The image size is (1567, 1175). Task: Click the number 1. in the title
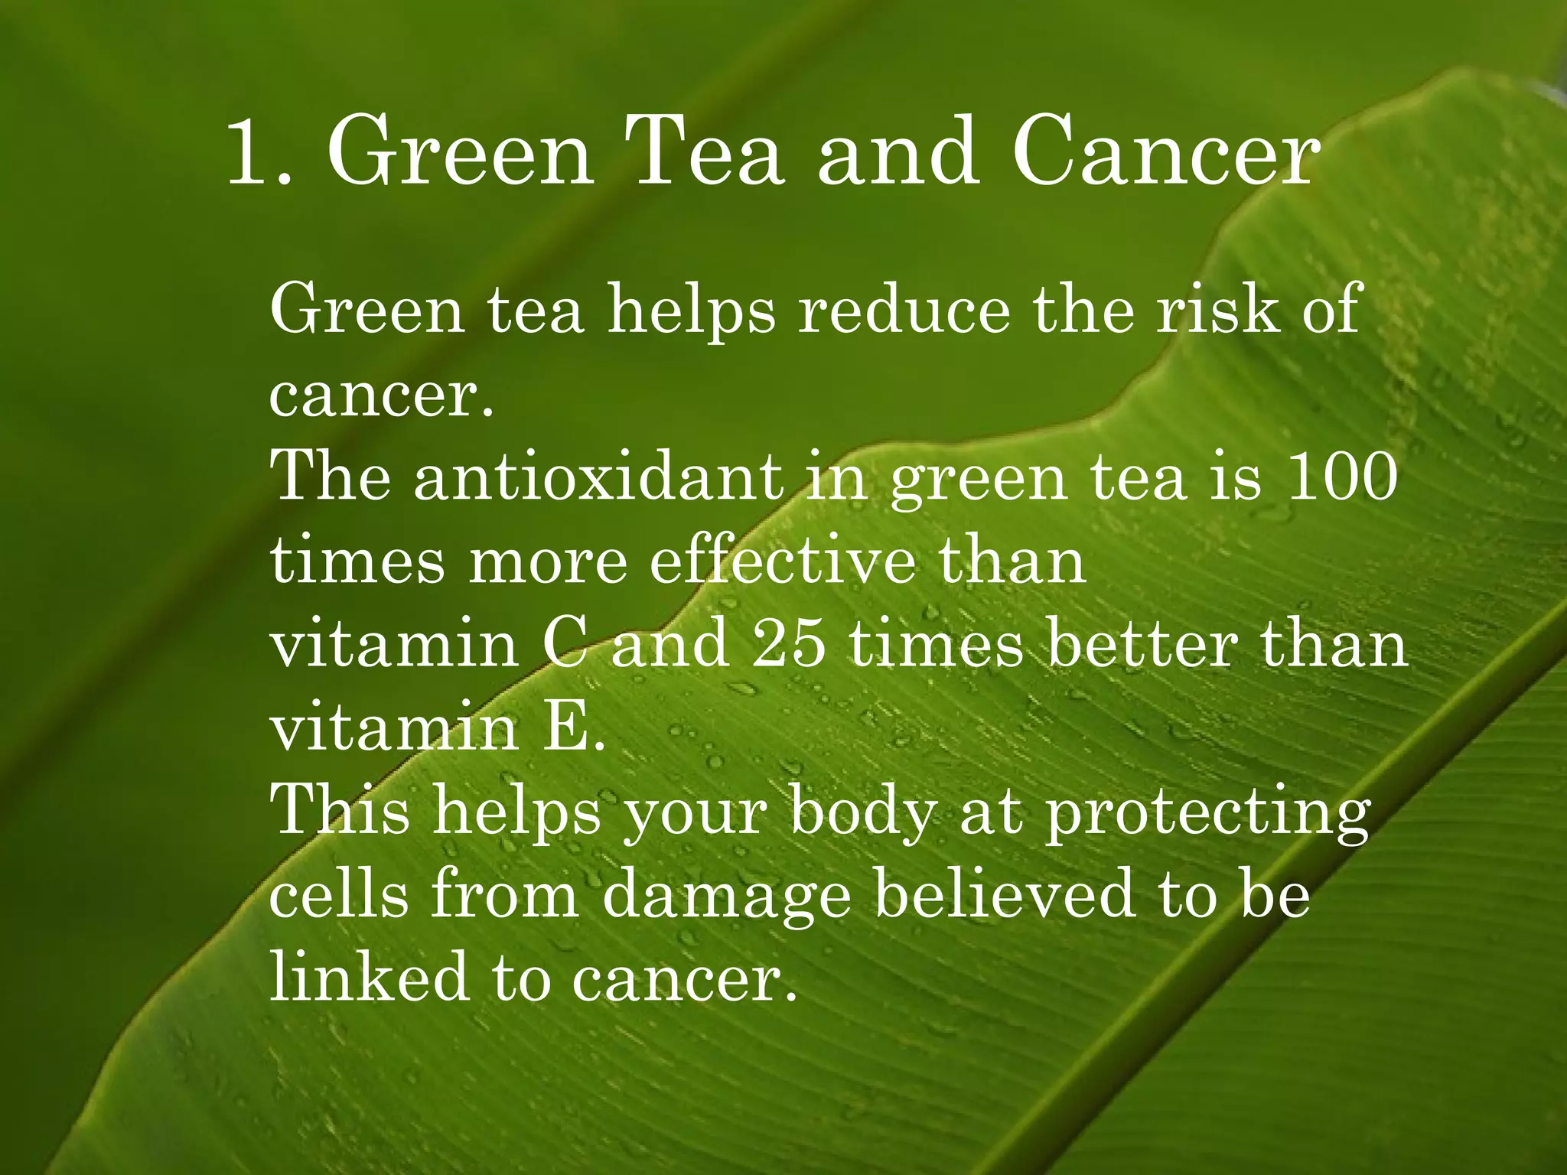tap(260, 151)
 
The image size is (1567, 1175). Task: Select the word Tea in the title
tap(705, 151)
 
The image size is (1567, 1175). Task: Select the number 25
tap(788, 644)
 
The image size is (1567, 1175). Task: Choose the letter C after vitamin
tap(565, 644)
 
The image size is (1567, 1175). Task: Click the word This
tap(340, 811)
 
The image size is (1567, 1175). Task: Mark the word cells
tap(339, 894)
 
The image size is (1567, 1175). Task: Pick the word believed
tap(1003, 894)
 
